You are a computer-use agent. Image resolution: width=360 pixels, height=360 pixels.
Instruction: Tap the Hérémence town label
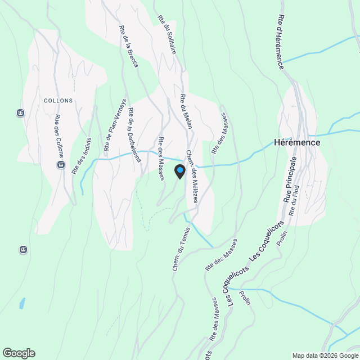point(297,142)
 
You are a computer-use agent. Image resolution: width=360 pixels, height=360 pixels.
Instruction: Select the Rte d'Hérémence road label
point(280,42)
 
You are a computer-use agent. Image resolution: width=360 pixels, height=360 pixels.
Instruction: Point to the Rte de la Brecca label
point(128,47)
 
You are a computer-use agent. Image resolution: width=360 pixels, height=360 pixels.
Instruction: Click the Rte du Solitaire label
point(168,34)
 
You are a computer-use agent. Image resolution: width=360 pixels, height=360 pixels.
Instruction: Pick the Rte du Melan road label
point(186,111)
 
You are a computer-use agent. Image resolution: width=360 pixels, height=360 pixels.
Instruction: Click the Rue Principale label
point(289,180)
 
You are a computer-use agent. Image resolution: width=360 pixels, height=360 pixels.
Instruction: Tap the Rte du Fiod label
point(295,200)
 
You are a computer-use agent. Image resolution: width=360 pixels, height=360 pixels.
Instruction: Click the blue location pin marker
point(179,171)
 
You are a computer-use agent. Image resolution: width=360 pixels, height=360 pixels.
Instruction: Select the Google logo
point(19,353)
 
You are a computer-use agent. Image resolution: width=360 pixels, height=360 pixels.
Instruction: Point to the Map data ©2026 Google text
point(325,355)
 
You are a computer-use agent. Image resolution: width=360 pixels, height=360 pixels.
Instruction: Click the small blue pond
point(22,303)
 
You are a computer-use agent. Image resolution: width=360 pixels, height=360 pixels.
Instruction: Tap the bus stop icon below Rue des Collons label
point(61,165)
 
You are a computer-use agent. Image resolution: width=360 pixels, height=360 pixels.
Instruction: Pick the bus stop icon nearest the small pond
point(23,249)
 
